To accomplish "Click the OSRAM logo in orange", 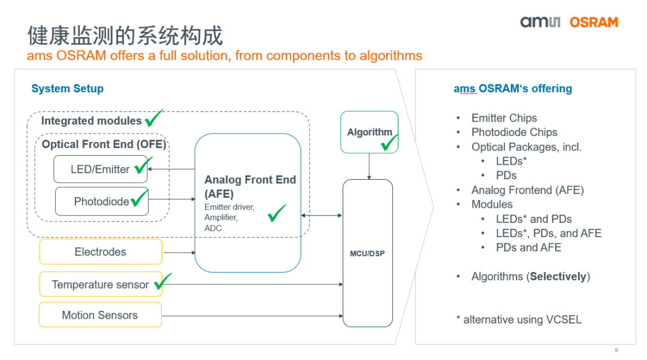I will tap(593, 23).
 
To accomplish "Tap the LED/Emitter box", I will tap(100, 170).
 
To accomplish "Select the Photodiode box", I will tap(101, 201).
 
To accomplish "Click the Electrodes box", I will tap(100, 252).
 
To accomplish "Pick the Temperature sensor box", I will tap(100, 285).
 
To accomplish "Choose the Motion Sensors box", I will tap(100, 315).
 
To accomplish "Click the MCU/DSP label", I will tap(367, 253).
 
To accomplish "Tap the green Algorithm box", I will tap(369, 132).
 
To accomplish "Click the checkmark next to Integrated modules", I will tap(153, 117).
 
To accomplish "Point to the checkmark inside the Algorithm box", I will tap(389, 143).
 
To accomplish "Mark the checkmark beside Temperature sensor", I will tap(162, 280).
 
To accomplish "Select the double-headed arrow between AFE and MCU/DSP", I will tap(322, 215).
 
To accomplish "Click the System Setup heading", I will tap(67, 89).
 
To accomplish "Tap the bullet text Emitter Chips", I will tap(504, 118).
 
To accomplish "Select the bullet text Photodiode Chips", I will tap(514, 132).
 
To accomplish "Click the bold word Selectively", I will tap(558, 276).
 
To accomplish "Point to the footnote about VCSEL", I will tap(518, 319).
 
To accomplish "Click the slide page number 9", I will tap(616, 350).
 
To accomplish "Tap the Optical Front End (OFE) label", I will tap(104, 144).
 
